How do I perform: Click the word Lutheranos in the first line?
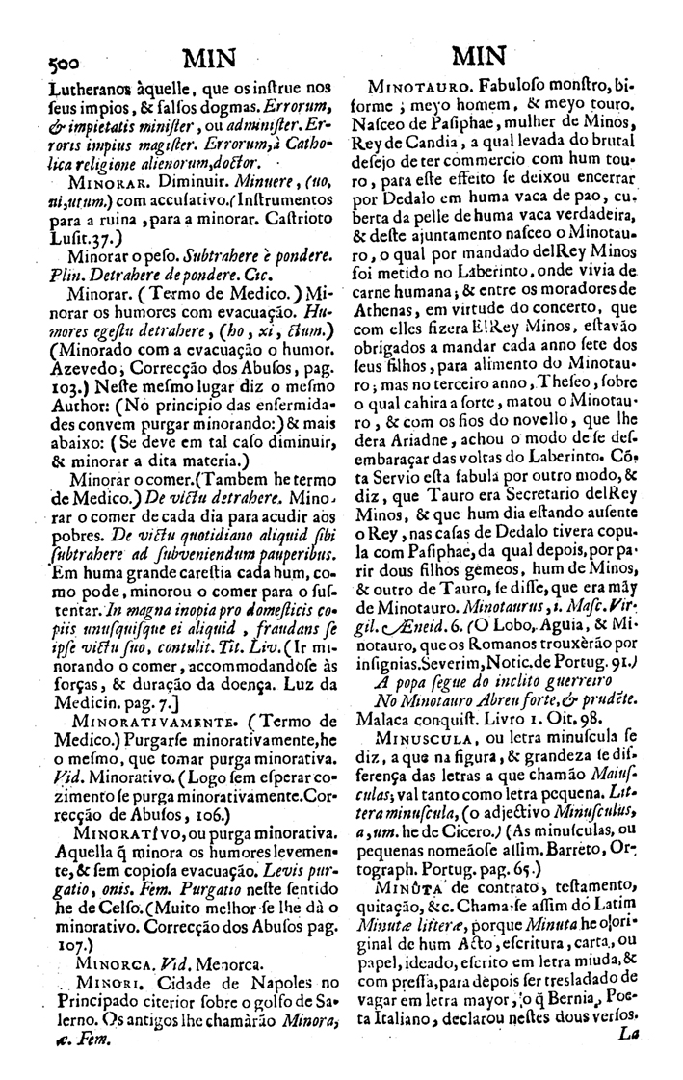point(89,82)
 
